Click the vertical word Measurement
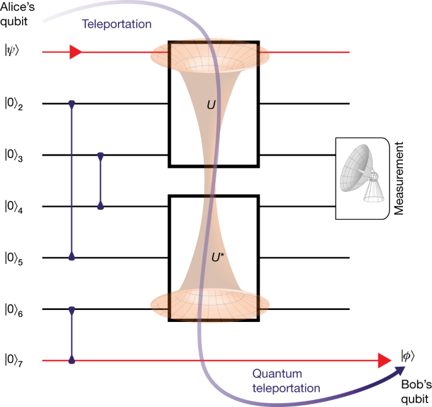point(398,178)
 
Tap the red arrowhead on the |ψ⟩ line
point(75,52)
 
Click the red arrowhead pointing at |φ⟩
point(383,361)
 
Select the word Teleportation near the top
point(117,25)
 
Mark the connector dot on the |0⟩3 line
point(100,156)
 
